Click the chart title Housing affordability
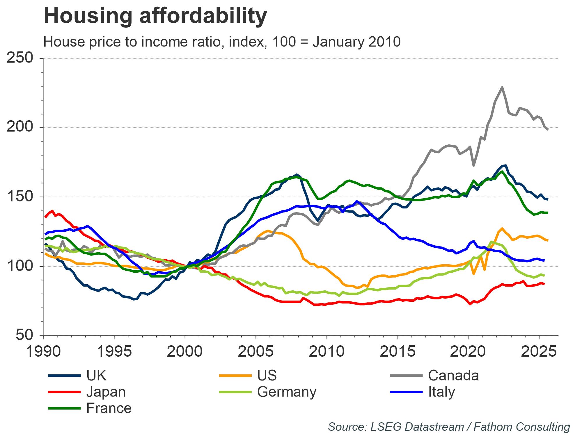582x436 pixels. (x=155, y=16)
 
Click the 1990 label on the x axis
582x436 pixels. (x=43, y=351)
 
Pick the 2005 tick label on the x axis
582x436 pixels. (x=255, y=351)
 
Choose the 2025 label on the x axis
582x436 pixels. (x=539, y=351)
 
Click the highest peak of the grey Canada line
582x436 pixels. (x=502, y=87)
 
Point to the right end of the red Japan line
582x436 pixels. (x=544, y=284)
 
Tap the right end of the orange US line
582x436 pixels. (x=548, y=240)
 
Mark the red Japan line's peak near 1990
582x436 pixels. (x=52, y=211)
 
